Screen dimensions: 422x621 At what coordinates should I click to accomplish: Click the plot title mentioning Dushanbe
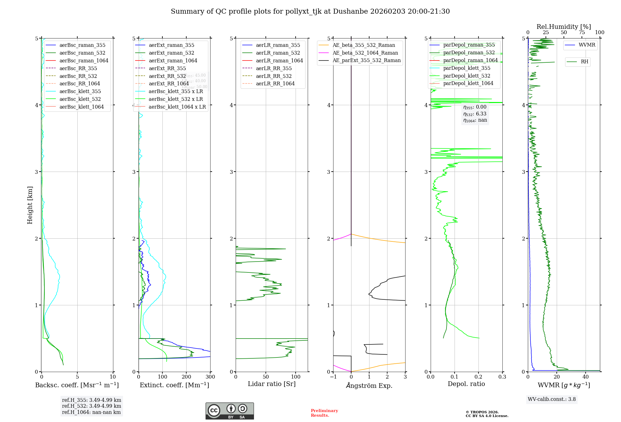[310, 11]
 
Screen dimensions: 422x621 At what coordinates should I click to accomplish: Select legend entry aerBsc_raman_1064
[84, 61]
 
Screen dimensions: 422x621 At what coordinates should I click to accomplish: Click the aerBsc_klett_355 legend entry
[80, 91]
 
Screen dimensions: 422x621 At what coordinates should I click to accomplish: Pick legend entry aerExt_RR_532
[167, 76]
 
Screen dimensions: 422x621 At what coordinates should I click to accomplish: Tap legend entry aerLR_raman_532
[278, 53]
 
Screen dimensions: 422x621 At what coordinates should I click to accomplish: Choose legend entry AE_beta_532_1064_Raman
[365, 53]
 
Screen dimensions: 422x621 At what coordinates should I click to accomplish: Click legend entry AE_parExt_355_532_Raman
[366, 60]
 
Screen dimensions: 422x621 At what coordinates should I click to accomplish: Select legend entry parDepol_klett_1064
[468, 83]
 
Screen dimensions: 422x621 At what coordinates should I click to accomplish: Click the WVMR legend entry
[587, 45]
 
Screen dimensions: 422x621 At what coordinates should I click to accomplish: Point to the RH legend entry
[584, 62]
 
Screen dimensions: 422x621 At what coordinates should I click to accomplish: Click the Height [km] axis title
[30, 205]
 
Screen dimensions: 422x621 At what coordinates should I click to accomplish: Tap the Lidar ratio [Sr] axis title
[272, 384]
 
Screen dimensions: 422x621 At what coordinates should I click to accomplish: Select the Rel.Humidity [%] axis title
[564, 27]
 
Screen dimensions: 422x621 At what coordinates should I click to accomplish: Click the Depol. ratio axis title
[466, 384]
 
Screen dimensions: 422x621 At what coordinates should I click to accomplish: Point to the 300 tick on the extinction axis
[210, 377]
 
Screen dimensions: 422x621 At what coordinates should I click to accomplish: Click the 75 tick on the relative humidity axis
[582, 33]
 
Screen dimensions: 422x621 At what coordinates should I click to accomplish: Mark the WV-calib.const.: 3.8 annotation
[552, 399]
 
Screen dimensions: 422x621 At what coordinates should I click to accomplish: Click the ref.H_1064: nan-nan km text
[91, 412]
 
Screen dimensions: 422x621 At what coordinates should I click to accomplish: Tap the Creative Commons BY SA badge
[229, 411]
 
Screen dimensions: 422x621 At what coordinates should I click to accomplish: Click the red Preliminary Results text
[324, 413]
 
